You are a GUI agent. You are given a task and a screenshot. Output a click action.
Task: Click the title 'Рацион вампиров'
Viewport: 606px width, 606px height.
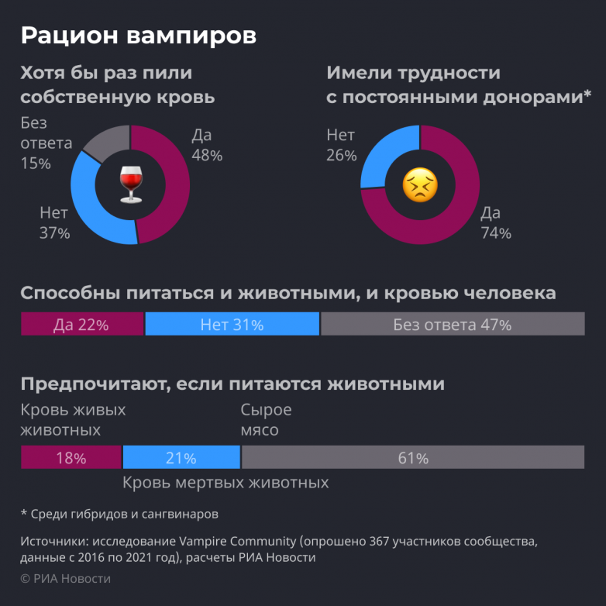[137, 35]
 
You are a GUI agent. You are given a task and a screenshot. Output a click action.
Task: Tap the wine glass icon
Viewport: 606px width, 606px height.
[130, 184]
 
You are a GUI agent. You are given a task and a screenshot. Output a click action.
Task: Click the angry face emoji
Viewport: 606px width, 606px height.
[420, 185]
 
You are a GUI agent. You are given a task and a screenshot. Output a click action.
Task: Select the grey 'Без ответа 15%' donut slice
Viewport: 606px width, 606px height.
[105, 142]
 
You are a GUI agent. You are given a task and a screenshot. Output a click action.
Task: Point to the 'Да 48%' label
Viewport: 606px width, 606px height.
[206, 145]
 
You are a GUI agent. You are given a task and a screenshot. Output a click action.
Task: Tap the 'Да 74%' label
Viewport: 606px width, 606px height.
[495, 223]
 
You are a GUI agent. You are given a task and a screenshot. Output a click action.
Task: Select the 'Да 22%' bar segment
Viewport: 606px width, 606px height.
[81, 325]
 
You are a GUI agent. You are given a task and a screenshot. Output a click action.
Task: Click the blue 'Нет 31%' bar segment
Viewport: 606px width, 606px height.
[232, 325]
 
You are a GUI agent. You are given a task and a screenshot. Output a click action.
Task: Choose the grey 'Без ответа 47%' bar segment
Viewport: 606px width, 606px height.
[452, 325]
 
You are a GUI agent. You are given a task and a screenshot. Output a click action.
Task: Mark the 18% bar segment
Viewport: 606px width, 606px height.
[71, 458]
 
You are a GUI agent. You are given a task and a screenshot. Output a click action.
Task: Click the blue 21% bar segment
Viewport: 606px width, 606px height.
[181, 458]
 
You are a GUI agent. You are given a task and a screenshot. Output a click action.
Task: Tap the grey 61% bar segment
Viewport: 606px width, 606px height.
[413, 458]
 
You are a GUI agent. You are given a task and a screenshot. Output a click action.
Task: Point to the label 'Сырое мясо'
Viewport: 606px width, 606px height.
[266, 420]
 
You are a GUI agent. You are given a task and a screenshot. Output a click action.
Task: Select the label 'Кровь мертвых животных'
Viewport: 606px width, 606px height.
[226, 483]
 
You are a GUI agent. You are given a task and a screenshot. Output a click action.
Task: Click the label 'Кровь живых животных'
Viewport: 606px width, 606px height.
[73, 420]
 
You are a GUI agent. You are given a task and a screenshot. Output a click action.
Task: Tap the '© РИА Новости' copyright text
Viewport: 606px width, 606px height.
[66, 579]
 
